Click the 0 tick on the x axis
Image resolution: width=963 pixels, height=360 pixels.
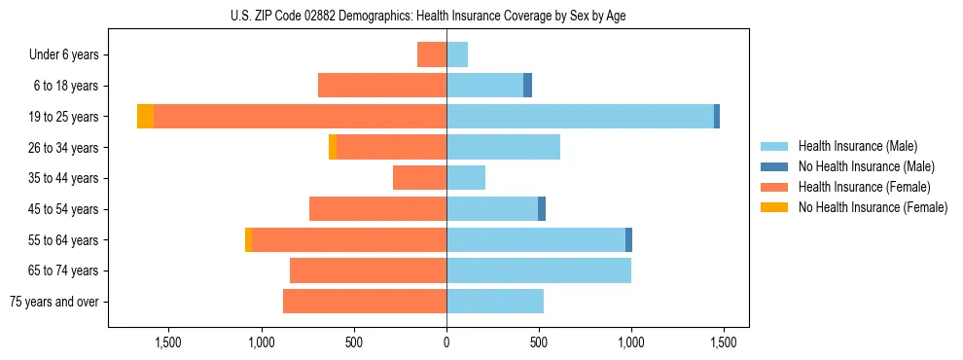[x=446, y=342]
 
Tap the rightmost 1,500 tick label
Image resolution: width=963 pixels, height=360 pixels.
[x=723, y=342]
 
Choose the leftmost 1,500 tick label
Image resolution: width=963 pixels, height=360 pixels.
[x=169, y=342]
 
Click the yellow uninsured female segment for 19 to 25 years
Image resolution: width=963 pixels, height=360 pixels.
[x=145, y=117]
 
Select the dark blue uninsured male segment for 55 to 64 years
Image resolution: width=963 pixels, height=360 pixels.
[x=628, y=239]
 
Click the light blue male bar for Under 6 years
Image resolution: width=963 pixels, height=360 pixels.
[x=457, y=54]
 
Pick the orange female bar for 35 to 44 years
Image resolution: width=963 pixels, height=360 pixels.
[x=419, y=178]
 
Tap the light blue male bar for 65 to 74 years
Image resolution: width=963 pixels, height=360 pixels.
[x=539, y=270]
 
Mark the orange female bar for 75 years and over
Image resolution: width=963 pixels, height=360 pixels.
[x=365, y=302]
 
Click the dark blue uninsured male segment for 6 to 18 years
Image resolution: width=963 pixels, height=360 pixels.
[x=527, y=86]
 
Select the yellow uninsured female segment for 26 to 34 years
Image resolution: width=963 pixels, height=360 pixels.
[x=333, y=147]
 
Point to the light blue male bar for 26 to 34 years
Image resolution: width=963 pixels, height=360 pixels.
[x=503, y=147]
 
